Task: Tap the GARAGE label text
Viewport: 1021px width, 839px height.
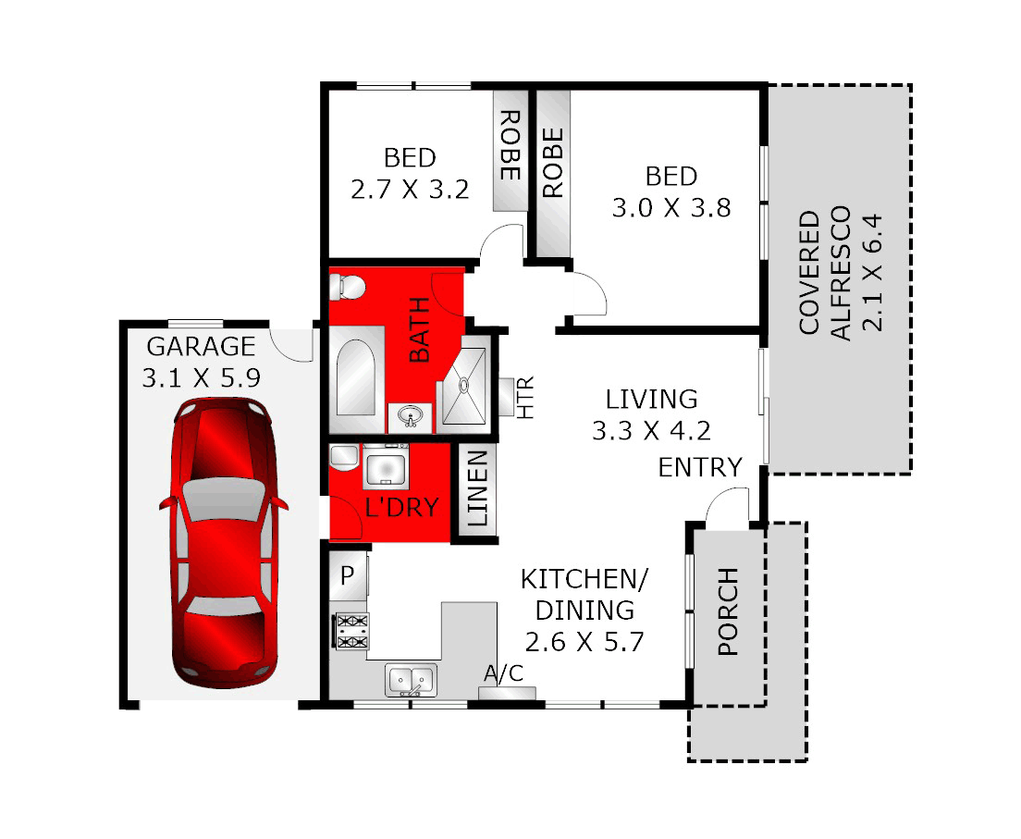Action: pos(201,347)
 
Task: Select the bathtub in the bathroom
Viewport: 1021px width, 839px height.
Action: pos(353,379)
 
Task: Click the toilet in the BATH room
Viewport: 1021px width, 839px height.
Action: pos(350,287)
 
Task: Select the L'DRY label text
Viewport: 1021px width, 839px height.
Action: pos(403,507)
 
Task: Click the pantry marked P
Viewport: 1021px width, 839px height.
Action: pos(348,574)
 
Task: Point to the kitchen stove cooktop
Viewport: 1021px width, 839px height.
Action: pos(351,631)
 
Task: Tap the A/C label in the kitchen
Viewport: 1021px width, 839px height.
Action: pos(504,673)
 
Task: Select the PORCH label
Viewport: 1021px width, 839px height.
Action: pos(729,611)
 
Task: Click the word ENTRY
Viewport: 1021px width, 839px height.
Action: pos(700,468)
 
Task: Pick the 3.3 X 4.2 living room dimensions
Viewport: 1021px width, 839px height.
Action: pos(651,431)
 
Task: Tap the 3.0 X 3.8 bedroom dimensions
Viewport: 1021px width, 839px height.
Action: pos(671,207)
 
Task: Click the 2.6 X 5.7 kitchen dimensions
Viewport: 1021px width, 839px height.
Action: pos(584,641)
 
